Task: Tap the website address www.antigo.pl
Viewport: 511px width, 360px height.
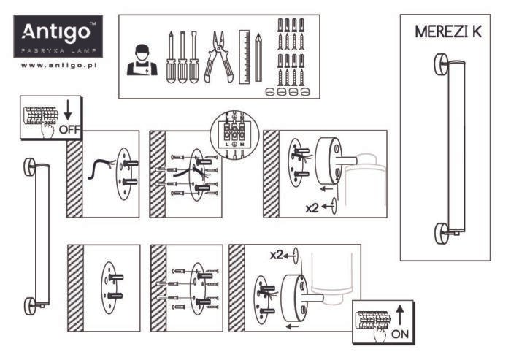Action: coord(59,65)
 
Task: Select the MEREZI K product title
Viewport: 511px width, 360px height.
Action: coord(448,31)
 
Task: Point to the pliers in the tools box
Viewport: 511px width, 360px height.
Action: coord(218,56)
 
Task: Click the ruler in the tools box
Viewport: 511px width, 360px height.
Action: coord(245,57)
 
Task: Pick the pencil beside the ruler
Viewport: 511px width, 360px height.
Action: coord(258,57)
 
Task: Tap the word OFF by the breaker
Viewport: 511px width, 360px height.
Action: coord(69,130)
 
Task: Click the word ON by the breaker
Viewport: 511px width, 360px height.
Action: coord(400,334)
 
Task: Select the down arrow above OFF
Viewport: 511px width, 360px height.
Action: coord(68,110)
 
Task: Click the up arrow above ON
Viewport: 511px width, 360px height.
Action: coord(400,315)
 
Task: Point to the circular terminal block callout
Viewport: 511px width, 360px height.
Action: coord(234,134)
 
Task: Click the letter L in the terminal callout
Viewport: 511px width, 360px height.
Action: coord(227,145)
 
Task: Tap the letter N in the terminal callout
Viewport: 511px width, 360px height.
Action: coord(242,145)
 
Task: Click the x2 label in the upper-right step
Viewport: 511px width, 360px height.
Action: coord(312,207)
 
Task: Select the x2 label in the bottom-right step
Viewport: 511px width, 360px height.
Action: coord(277,255)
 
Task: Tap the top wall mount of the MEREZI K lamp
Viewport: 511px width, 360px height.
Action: coord(441,65)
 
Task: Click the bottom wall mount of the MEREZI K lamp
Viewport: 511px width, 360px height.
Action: coord(441,234)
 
